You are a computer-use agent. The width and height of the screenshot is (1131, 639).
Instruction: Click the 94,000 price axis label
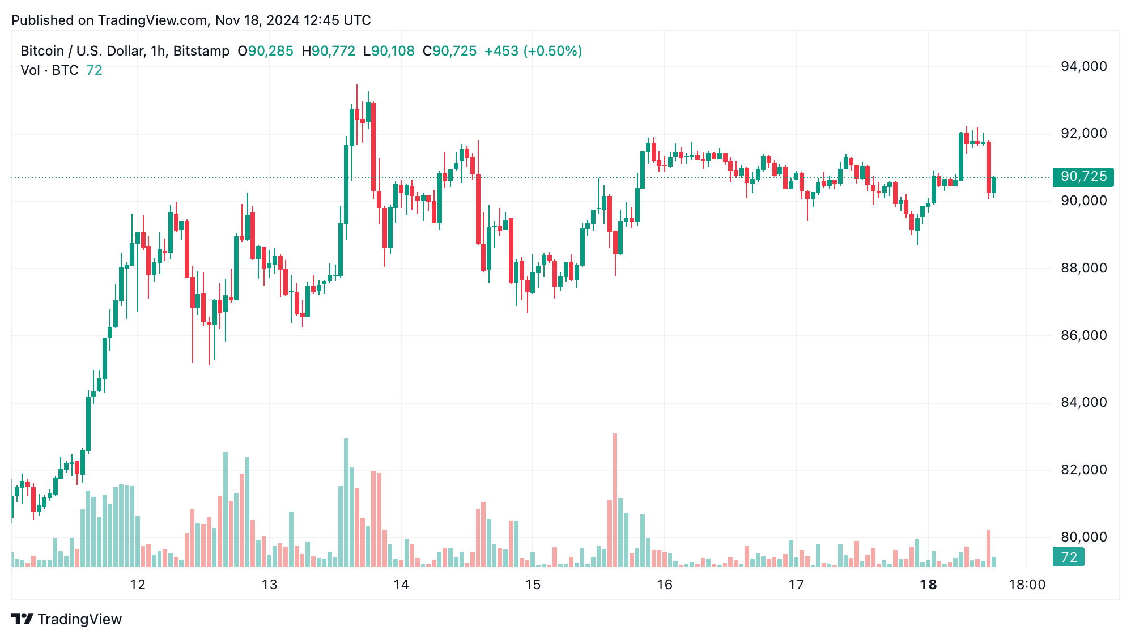(1083, 66)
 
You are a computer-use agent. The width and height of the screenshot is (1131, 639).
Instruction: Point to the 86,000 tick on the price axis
(1083, 335)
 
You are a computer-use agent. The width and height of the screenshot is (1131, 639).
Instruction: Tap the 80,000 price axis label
(1083, 537)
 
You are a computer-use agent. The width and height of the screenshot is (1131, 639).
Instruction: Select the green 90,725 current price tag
(1083, 177)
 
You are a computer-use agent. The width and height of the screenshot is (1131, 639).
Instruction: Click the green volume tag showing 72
(1068, 557)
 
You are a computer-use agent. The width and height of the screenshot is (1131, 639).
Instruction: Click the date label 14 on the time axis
(401, 585)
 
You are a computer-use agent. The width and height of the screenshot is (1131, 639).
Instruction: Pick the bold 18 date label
(928, 585)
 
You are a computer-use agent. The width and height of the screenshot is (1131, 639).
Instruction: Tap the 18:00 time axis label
(1027, 585)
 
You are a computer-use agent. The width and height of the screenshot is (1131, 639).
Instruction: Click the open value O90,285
(265, 51)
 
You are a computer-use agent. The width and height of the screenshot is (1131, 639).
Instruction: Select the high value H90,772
(328, 51)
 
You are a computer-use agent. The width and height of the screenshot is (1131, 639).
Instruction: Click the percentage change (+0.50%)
(552, 51)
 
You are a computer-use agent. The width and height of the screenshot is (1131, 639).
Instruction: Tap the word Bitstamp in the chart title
(201, 51)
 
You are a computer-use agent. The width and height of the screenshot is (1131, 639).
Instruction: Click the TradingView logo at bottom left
(67, 619)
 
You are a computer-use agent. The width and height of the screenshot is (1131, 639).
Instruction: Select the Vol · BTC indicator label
(49, 70)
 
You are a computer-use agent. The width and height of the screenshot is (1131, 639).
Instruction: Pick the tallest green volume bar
(346, 502)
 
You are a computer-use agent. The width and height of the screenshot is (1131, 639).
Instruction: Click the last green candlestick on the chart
(993, 185)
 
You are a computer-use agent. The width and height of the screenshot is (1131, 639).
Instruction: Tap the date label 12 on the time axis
(138, 585)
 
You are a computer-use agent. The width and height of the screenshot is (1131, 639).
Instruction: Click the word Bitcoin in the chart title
(42, 51)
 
